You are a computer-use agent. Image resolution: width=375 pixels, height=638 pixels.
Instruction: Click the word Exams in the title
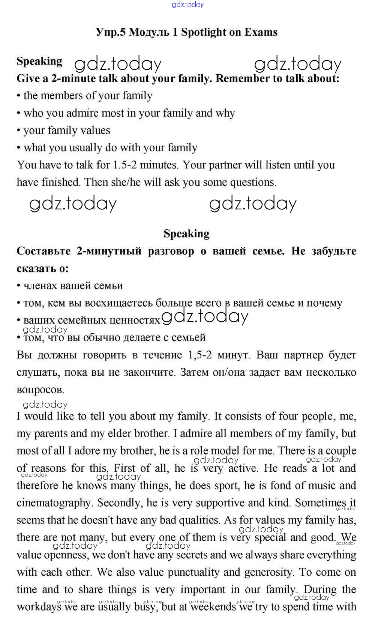261,32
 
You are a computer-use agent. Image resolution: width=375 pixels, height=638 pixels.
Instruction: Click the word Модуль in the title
148,32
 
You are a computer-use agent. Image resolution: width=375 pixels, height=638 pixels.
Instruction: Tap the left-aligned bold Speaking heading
39,61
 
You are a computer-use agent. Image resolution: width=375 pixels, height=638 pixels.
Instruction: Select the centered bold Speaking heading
186,233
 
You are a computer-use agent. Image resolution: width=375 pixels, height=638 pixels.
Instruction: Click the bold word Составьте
43,251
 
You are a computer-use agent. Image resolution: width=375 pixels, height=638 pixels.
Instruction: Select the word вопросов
40,390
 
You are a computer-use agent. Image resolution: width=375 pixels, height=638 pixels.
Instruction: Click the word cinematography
54,503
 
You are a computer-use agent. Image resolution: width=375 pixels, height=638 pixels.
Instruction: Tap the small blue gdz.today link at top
187,5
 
